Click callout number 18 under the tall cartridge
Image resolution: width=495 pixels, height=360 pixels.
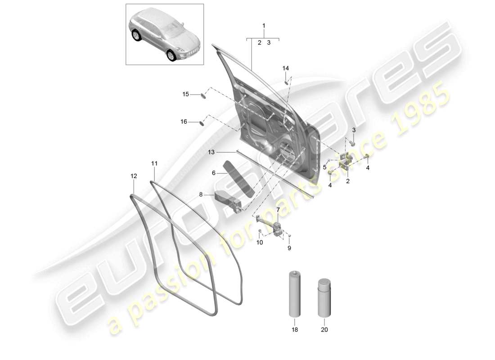coord(294,329)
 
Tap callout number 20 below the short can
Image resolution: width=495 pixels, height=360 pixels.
coord(324,329)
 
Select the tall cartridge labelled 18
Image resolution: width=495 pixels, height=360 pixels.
coord(294,295)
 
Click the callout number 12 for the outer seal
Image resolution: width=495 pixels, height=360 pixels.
coord(133,177)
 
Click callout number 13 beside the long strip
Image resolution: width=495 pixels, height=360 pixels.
coord(211,153)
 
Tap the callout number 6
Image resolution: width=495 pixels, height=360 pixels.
coord(214,172)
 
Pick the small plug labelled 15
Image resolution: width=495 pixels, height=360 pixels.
coord(203,95)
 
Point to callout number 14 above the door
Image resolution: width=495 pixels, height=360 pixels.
coord(285,68)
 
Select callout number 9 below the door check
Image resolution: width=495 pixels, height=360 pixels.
coord(289,248)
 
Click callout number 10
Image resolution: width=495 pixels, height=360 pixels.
coord(260,243)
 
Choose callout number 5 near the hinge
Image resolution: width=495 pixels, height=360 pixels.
coord(324,167)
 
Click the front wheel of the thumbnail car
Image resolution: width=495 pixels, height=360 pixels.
coord(171,55)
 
